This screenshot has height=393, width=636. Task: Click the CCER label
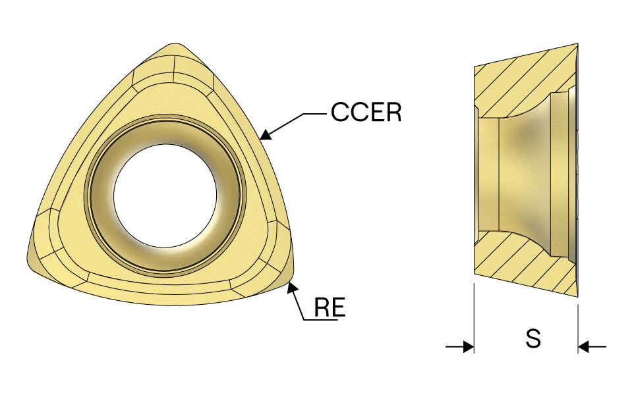click(x=366, y=112)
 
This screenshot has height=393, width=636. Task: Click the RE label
click(x=330, y=307)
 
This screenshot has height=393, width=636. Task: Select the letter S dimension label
click(x=533, y=338)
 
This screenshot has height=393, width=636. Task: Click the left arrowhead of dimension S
click(x=468, y=347)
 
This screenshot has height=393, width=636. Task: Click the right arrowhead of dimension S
click(x=584, y=347)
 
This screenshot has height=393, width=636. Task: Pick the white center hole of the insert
click(x=165, y=196)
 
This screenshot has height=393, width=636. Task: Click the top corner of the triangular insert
click(x=175, y=43)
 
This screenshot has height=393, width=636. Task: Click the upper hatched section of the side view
click(x=523, y=81)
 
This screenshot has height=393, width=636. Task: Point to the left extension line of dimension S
click(x=474, y=318)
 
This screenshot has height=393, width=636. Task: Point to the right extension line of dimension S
click(x=578, y=328)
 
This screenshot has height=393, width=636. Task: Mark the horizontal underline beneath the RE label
click(x=320, y=321)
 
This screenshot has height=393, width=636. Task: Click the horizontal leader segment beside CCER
click(x=315, y=114)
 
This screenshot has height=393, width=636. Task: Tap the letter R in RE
click(x=322, y=307)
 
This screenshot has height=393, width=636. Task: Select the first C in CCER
click(x=339, y=112)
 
